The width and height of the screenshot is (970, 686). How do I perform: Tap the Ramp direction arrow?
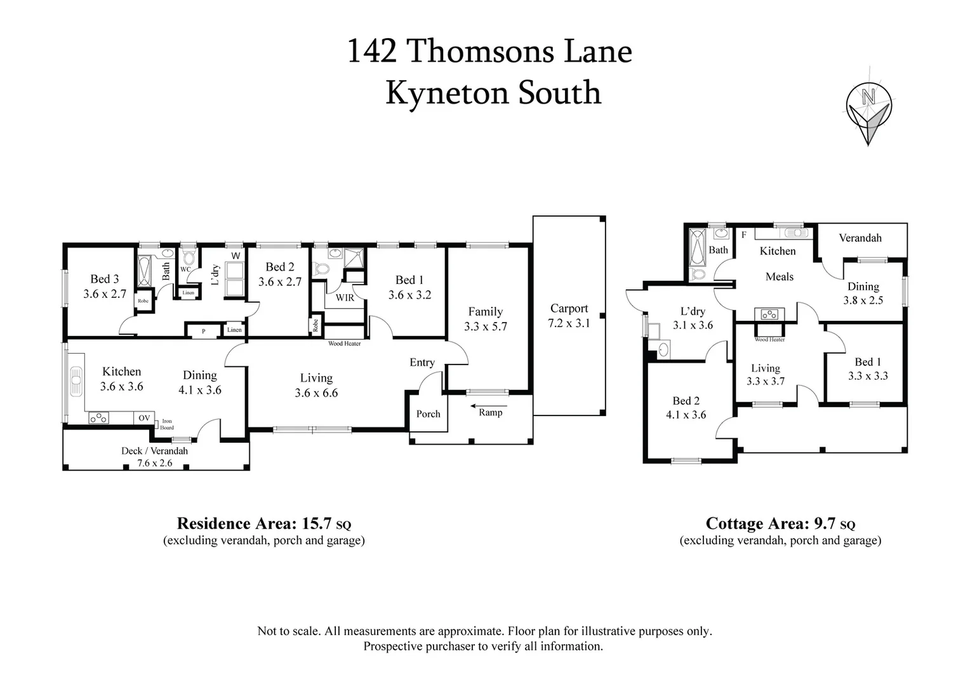pos(489,405)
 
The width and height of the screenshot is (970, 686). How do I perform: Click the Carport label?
pos(569,309)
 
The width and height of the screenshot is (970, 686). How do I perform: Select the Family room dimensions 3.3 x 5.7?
pos(486,326)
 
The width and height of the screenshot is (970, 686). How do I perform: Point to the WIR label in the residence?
pos(345,297)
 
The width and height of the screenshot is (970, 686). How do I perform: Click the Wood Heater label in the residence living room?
pos(344,344)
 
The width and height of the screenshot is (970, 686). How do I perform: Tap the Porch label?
pos(428,414)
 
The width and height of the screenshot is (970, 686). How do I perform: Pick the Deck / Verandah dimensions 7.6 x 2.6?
pos(155,463)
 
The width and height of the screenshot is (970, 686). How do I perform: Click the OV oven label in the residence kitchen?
pos(144,418)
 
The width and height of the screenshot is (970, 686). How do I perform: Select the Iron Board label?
pos(167,424)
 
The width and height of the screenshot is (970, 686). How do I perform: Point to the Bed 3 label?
pos(104,279)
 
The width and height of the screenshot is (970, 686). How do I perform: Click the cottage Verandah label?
pos(860,238)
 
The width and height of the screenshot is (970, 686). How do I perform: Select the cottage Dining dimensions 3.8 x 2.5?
pos(863,300)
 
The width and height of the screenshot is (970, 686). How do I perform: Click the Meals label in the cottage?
pos(780,277)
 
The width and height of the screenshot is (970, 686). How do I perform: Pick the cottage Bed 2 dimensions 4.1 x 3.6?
pos(686,415)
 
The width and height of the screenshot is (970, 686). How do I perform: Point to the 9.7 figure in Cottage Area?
pos(825,523)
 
